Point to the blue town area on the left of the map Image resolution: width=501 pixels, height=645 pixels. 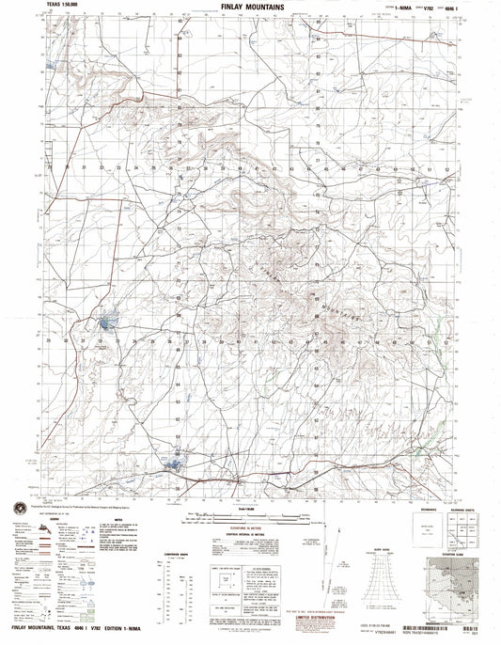(x=105, y=323)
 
